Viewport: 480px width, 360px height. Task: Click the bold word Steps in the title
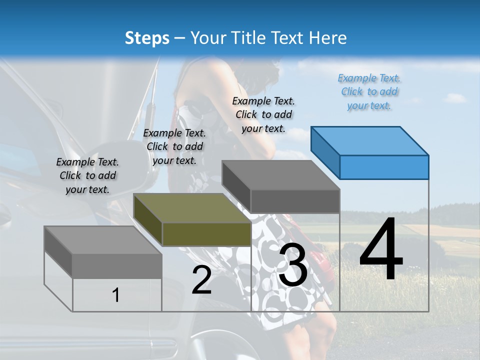click(x=147, y=38)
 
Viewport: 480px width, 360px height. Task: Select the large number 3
click(x=293, y=265)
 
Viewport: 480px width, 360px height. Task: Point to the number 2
click(x=201, y=280)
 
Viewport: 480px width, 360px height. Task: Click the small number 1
click(x=116, y=295)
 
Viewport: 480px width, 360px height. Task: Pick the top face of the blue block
click(x=370, y=140)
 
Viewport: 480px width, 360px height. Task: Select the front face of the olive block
click(x=206, y=234)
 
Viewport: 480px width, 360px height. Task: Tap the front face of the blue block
click(x=384, y=167)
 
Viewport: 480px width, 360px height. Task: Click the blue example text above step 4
click(x=369, y=91)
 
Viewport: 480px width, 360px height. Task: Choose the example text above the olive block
click(x=174, y=146)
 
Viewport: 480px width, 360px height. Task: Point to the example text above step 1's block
click(x=87, y=175)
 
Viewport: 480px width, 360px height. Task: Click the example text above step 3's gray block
click(x=263, y=114)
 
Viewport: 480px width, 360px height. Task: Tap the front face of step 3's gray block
click(x=295, y=201)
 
